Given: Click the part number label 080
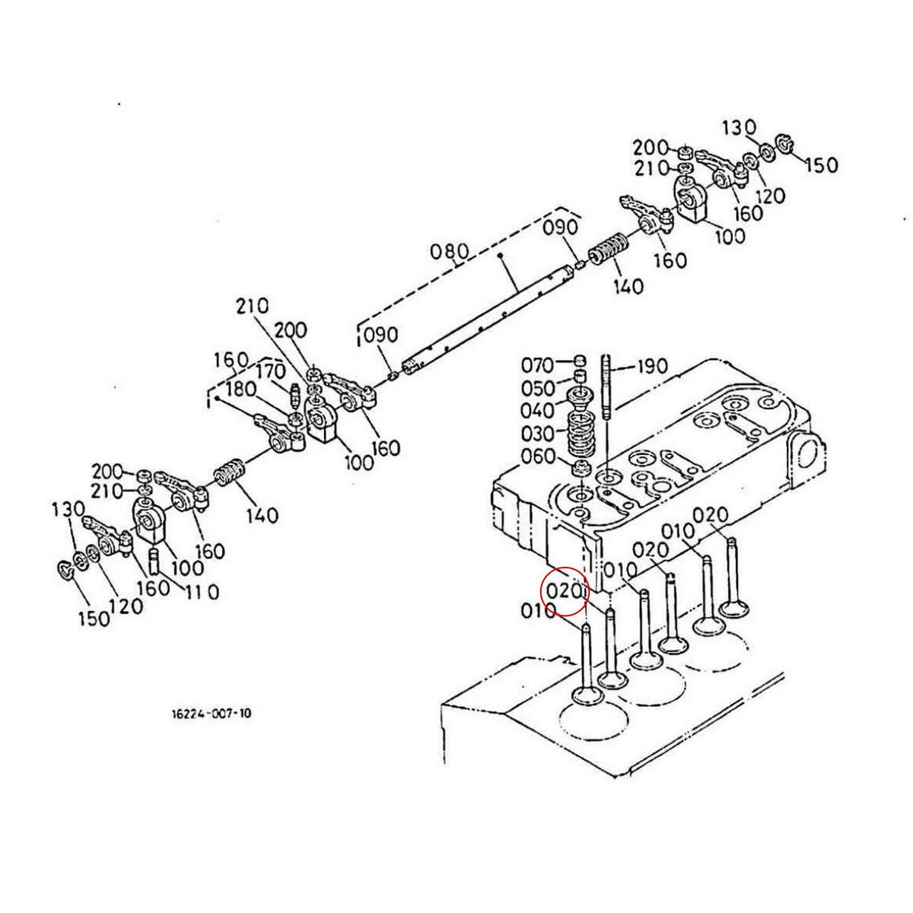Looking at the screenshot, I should (449, 252).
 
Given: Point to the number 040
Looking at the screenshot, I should (538, 411).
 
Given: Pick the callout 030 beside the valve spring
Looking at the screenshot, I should (537, 434).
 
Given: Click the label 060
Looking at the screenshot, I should (537, 457).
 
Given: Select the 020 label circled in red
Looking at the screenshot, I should (565, 590).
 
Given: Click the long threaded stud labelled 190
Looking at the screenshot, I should (607, 388).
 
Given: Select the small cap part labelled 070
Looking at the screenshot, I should (579, 361).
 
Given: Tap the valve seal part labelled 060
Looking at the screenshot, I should (581, 466).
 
